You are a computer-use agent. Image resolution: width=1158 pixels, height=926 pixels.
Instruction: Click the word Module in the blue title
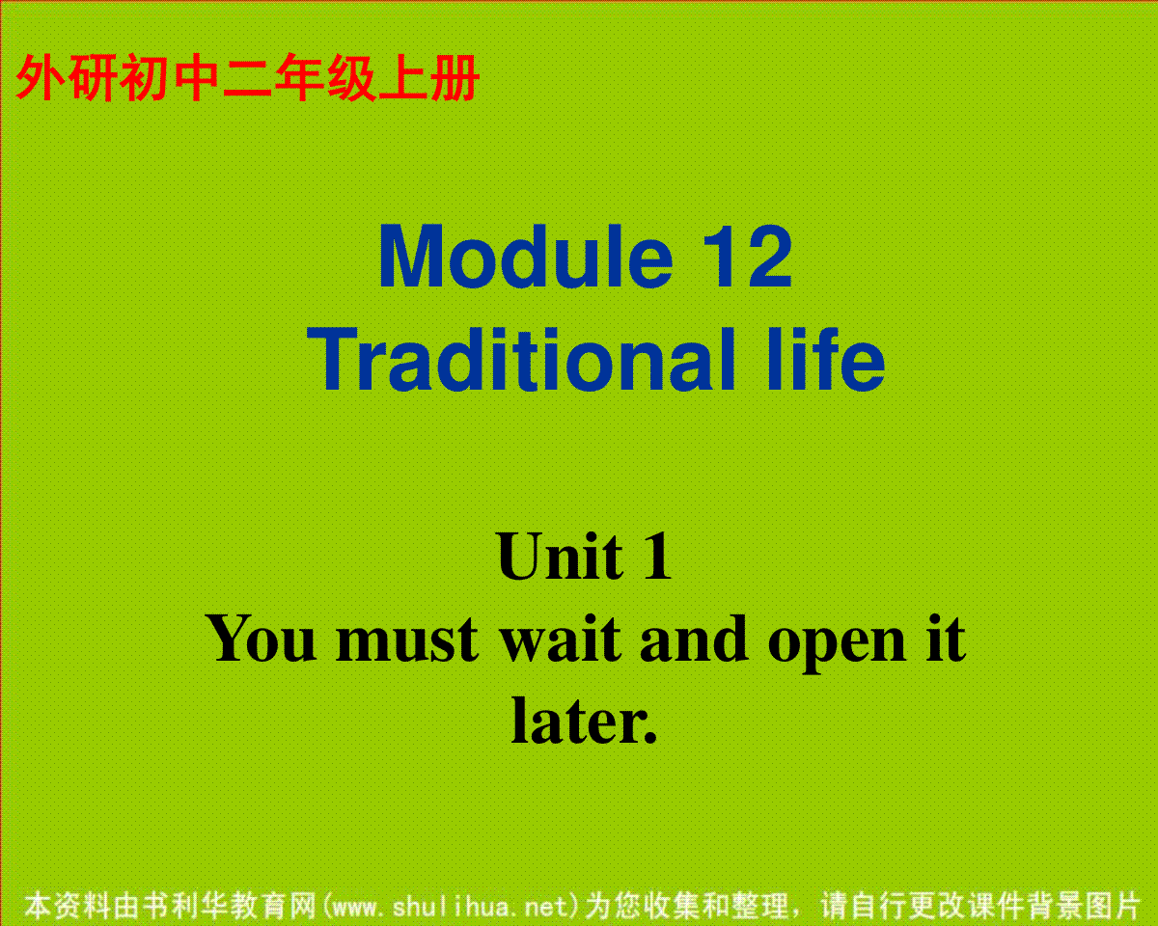[526, 257]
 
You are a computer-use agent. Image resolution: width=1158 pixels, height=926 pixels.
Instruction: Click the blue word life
[827, 359]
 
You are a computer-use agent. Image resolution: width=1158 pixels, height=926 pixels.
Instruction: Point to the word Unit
[560, 556]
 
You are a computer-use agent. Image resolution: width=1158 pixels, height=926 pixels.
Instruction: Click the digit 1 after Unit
[657, 556]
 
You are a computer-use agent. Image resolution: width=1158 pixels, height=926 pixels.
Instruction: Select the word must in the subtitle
[407, 640]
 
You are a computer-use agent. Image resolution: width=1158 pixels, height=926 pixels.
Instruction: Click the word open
[837, 644]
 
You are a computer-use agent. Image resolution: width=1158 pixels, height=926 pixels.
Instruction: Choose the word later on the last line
[577, 721]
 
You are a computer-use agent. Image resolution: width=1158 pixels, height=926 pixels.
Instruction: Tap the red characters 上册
[428, 78]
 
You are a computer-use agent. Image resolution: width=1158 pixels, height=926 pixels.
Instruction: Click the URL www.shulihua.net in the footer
[451, 907]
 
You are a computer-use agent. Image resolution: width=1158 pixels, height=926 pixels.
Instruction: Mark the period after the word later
[650, 737]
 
